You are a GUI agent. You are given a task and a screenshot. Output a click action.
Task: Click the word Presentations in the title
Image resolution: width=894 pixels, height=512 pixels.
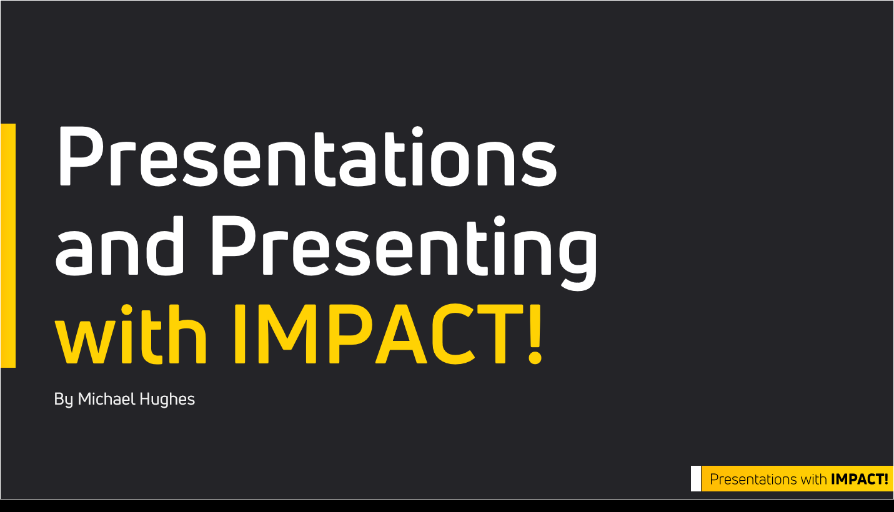point(308,156)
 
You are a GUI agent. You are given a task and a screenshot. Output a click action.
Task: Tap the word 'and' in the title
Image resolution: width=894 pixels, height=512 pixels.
point(119,245)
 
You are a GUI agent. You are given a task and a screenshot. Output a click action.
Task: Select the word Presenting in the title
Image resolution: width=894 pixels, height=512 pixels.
point(404,252)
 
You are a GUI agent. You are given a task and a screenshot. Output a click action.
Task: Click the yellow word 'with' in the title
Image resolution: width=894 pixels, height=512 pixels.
point(131,334)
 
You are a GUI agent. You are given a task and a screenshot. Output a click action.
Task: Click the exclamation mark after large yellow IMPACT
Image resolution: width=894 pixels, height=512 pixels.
point(535,334)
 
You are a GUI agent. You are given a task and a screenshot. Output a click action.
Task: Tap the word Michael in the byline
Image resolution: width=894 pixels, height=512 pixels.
point(107,399)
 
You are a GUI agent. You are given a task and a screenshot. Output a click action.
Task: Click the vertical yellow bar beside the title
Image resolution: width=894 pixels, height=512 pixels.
point(8,245)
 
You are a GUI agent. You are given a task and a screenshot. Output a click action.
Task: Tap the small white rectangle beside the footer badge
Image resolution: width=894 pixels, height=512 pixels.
point(695,478)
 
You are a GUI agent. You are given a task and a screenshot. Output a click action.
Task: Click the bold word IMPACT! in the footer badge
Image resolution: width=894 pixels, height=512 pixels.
point(860,479)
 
